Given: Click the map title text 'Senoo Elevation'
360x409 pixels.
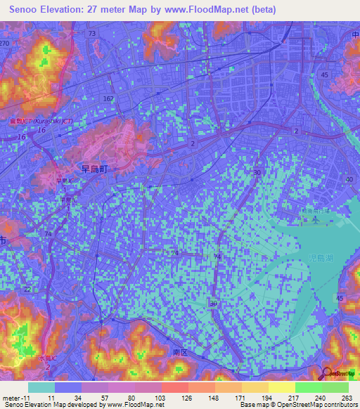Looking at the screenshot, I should [x=47, y=9].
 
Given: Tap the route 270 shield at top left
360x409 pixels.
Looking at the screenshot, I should [x=5, y=43].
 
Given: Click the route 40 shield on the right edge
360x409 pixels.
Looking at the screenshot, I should [x=349, y=179].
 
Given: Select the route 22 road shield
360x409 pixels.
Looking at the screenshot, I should [x=27, y=290].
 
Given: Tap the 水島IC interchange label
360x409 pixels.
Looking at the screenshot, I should [x=46, y=356].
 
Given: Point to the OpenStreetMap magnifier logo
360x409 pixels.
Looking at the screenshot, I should [x=328, y=373].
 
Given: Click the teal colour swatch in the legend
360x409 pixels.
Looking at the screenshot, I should [x=41, y=387].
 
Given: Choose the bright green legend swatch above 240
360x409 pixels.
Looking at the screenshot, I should [x=308, y=387].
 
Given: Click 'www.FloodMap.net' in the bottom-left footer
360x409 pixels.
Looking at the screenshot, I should [x=134, y=405].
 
